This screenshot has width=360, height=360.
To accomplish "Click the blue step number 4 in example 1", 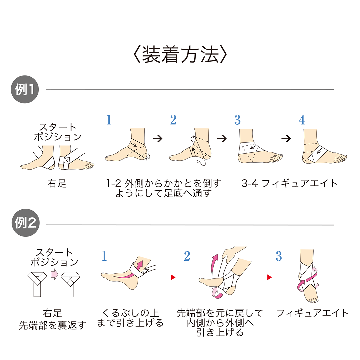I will pyautogui.click(x=301, y=120).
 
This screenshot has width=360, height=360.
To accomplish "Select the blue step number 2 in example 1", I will pyautogui.click(x=173, y=120).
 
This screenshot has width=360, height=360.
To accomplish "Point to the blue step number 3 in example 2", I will pyautogui.click(x=279, y=256).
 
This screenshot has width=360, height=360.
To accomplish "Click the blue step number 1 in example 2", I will pyautogui.click(x=104, y=256).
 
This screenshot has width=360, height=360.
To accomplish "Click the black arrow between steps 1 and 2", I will pyautogui.click(x=157, y=139).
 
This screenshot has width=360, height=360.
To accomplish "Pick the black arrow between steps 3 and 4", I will pyautogui.click(x=286, y=139).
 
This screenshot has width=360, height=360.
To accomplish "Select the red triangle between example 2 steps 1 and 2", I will pyautogui.click(x=173, y=277).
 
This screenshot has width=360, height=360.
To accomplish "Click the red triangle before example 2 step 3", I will pyautogui.click(x=269, y=277).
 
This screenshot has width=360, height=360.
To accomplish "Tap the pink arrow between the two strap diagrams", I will pyautogui.click(x=54, y=274).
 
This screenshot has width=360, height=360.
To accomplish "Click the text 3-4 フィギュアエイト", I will pyautogui.click(x=290, y=183).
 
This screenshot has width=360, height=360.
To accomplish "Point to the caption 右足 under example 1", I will pyautogui.click(x=57, y=184).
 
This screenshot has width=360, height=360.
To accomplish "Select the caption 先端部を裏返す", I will pyautogui.click(x=52, y=325).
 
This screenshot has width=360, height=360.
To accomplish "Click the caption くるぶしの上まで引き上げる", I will pyautogui.click(x=130, y=318).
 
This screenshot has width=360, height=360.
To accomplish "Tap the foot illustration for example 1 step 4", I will pyautogui.click(x=322, y=148).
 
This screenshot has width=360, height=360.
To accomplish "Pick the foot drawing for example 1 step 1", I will pyautogui.click(x=128, y=147).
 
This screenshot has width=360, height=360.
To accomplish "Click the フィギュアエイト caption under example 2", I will pyautogui.click(x=312, y=313).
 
